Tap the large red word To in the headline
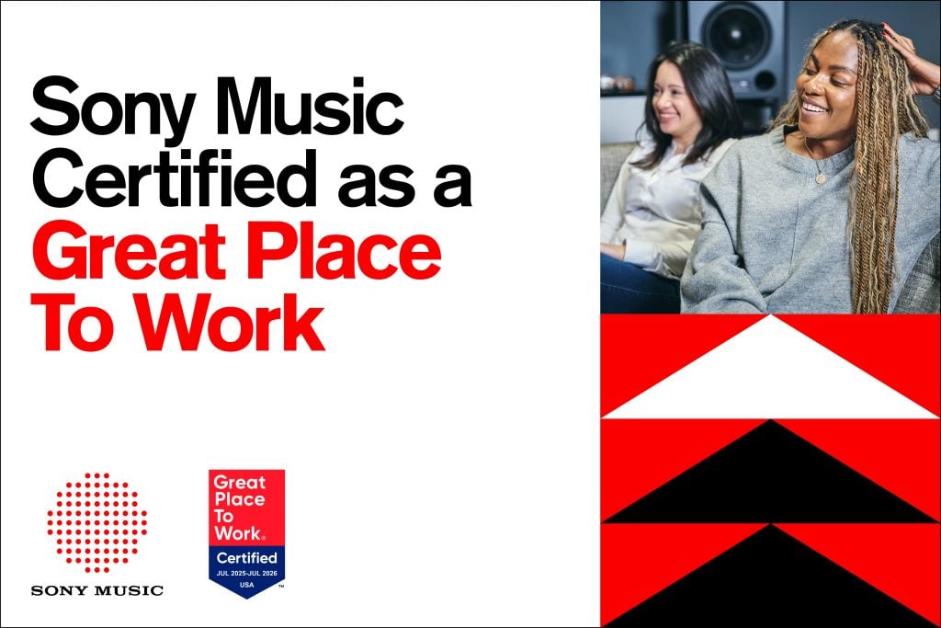pos(70,325)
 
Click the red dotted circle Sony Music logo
pos(96,522)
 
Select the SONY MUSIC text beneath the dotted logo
pos(96,590)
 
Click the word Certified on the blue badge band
pos(246,557)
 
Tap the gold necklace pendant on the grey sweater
pos(820,178)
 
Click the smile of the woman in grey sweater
pos(813,107)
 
